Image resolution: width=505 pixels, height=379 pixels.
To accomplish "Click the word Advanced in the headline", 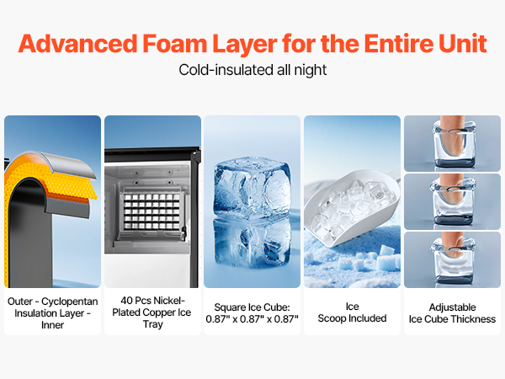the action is tap(78, 44).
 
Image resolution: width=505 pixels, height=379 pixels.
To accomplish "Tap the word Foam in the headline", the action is tap(174, 44).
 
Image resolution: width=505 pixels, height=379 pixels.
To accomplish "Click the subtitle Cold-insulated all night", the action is tap(252, 70).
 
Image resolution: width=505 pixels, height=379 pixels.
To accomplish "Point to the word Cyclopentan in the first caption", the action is tap(70, 302).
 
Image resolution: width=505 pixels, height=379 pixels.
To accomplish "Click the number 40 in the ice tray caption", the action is tap(126, 301).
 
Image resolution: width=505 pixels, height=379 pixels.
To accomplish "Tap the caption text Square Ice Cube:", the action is tap(252, 307).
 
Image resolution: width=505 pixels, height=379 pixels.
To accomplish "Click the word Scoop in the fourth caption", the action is tap(332, 318).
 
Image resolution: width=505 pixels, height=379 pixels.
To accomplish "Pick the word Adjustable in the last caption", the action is tap(452, 307).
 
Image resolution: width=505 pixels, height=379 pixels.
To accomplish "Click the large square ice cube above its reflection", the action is tap(252, 188).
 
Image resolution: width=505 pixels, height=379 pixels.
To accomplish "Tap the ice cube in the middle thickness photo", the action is tap(452, 203).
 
